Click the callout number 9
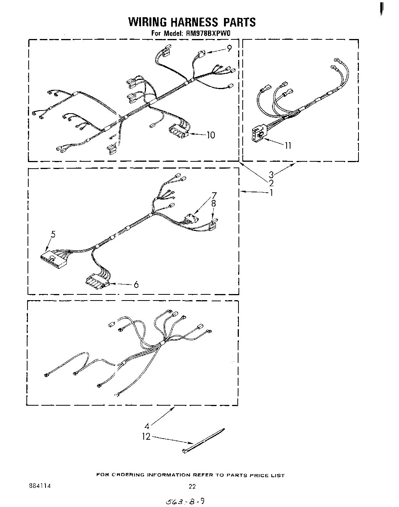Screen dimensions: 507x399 (229, 48)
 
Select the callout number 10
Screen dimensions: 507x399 (210, 135)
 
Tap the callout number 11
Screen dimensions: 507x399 (288, 145)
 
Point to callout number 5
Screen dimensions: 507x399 (53, 234)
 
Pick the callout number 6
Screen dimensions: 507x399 (136, 284)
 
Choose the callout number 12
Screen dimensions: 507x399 (146, 436)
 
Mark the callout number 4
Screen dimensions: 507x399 (147, 425)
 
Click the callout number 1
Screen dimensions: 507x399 (271, 192)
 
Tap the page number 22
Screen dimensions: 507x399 (192, 486)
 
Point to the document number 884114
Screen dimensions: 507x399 (40, 486)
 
